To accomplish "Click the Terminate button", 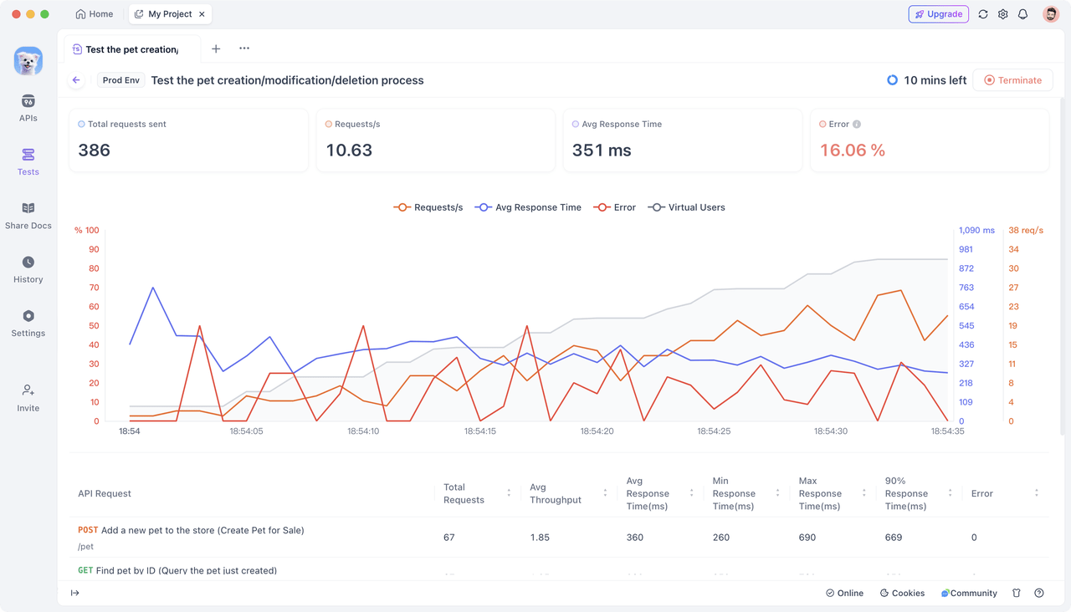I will click(x=1012, y=80).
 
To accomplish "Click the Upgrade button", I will click(x=938, y=14).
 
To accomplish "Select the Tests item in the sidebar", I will click(x=28, y=161).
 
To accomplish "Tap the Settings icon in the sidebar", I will click(x=28, y=316).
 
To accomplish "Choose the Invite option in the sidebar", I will click(x=28, y=397).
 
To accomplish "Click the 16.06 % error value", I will click(x=852, y=150).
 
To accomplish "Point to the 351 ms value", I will click(x=602, y=150).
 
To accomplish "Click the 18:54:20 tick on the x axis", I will click(x=597, y=431).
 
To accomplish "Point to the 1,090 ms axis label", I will click(x=976, y=231).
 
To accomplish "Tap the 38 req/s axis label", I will click(x=1026, y=231).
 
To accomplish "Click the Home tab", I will click(x=95, y=14).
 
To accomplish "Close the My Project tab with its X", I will click(x=202, y=14).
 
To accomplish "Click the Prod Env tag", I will click(x=121, y=80).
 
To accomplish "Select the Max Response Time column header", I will click(x=820, y=493).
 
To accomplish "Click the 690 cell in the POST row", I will click(x=807, y=538).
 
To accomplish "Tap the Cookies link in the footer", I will click(x=902, y=593).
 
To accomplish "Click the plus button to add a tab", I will click(x=216, y=48).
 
